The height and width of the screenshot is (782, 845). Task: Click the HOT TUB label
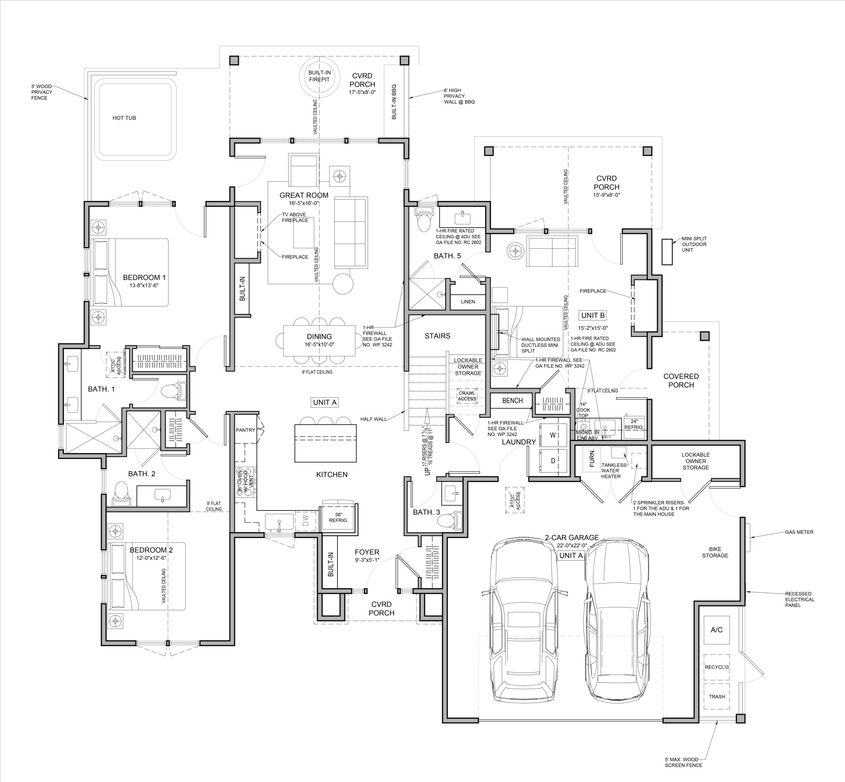[124, 118]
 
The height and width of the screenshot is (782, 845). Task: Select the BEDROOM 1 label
[144, 278]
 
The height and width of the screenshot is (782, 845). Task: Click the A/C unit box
[717, 630]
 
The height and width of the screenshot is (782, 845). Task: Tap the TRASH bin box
[717, 696]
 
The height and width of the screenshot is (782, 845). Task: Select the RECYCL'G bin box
[717, 667]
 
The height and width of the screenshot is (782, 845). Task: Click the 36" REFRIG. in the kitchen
[339, 518]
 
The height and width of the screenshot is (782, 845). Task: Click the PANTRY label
[246, 430]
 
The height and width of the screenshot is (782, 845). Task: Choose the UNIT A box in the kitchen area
[325, 402]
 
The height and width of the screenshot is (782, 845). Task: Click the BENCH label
[512, 401]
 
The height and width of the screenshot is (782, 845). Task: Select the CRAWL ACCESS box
[467, 396]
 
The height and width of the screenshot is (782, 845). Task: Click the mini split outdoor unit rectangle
[667, 252]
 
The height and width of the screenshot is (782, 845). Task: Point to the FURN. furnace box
[592, 458]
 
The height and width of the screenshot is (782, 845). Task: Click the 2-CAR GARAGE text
[571, 538]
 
